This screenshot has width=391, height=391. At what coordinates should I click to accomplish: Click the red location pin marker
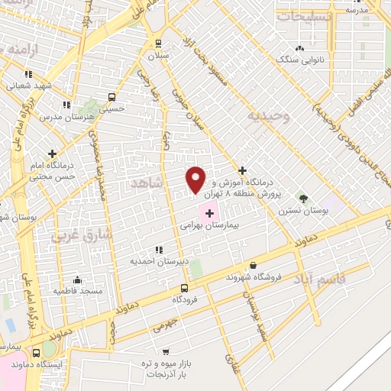pos(196,179)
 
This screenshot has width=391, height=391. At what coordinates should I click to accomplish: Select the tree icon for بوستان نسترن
pos(304,199)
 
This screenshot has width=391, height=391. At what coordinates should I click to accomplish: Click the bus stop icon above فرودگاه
pos(184,288)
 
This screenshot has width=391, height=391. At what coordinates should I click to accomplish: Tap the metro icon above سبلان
pos(158,44)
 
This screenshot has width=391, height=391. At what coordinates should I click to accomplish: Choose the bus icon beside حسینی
pos(112,97)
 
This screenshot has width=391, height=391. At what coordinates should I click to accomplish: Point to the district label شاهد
pos(147,184)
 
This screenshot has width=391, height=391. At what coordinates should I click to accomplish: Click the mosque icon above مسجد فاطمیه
pos(76,280)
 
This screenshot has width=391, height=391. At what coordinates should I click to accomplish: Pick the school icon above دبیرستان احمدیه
pos(159,249)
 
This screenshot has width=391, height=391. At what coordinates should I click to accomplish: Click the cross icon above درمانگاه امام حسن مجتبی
pos(52,153)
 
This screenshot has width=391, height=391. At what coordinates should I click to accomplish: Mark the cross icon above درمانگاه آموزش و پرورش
pos(243,170)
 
